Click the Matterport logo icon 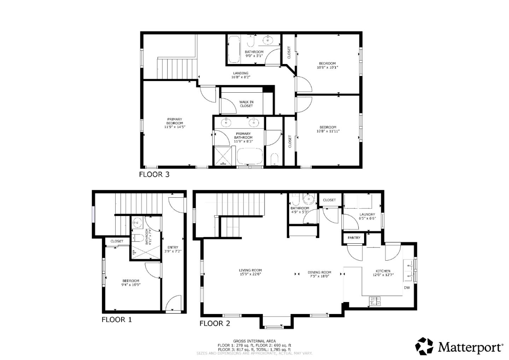click(424, 346)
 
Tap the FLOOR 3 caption click(154, 174)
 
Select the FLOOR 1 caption click(117, 320)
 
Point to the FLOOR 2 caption click(215, 323)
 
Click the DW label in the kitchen click(407, 288)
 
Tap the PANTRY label click(354, 238)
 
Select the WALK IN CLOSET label click(246, 104)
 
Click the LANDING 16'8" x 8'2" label click(241, 75)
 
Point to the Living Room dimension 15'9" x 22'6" click(250, 274)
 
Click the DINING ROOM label click(319, 272)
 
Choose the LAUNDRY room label click(367, 215)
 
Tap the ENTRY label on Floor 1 click(173, 248)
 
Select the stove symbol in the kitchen click(375, 301)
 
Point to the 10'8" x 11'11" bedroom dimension click(328, 131)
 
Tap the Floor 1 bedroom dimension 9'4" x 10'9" click(131, 284)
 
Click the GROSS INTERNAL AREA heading click(254, 341)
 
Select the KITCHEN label click(383, 271)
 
